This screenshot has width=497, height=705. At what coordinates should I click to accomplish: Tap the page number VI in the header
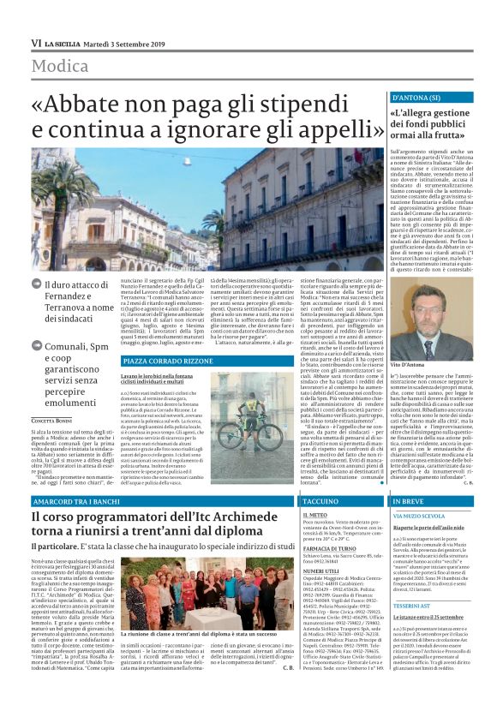click(x=35, y=42)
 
